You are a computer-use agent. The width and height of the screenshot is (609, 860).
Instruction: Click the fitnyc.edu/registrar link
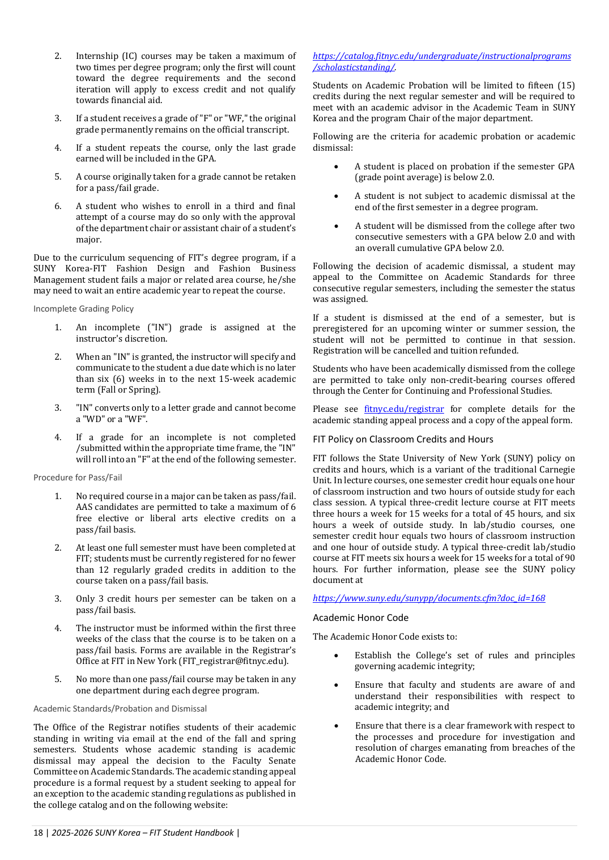[x=404, y=409]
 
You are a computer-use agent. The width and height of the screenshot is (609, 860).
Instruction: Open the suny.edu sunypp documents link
[x=429, y=598]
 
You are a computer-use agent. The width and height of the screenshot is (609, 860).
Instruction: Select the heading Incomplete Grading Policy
[x=83, y=309]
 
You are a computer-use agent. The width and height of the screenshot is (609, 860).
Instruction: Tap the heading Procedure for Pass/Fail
[x=78, y=478]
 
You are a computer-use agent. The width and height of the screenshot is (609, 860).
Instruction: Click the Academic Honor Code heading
[x=360, y=618]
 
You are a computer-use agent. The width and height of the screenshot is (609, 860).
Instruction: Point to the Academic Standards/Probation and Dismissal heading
[x=120, y=709]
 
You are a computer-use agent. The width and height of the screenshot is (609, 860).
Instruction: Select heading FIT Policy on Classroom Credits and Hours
[x=403, y=440]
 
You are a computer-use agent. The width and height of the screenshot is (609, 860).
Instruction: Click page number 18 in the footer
[x=38, y=833]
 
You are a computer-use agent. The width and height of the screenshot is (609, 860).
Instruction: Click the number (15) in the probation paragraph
[x=566, y=86]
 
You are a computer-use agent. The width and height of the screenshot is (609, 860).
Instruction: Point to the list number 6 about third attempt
[x=58, y=206]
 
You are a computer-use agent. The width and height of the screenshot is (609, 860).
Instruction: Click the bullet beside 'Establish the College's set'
[x=337, y=656]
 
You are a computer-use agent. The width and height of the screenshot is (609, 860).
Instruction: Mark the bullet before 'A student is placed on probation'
[x=337, y=167]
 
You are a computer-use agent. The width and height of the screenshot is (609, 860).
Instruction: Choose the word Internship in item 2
[x=97, y=56]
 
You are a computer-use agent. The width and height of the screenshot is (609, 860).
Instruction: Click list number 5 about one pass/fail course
[x=58, y=679]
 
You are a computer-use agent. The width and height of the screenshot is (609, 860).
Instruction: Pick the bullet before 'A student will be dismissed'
[x=337, y=227]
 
